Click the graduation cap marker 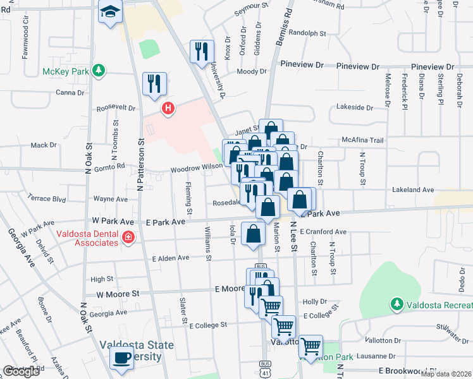tap(110, 12)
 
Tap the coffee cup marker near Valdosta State tap(121, 357)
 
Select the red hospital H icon tap(168, 109)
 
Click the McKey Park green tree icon tap(98, 70)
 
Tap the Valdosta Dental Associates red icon tap(128, 238)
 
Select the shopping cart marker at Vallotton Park tap(310, 347)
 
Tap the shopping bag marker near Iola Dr tap(253, 234)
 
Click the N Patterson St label tap(142, 164)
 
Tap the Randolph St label tap(307, 33)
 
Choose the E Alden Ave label tap(171, 258)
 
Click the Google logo tap(21, 371)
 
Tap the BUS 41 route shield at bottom tap(264, 365)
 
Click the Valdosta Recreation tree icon tap(396, 304)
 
